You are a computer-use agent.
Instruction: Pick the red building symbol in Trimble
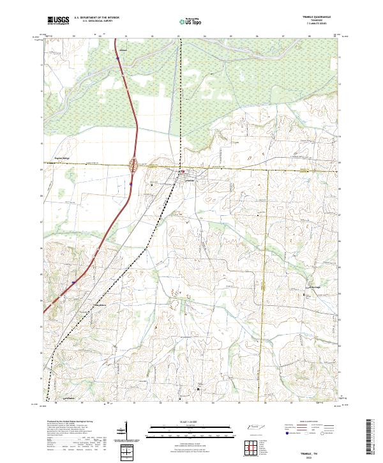tap(182, 171)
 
